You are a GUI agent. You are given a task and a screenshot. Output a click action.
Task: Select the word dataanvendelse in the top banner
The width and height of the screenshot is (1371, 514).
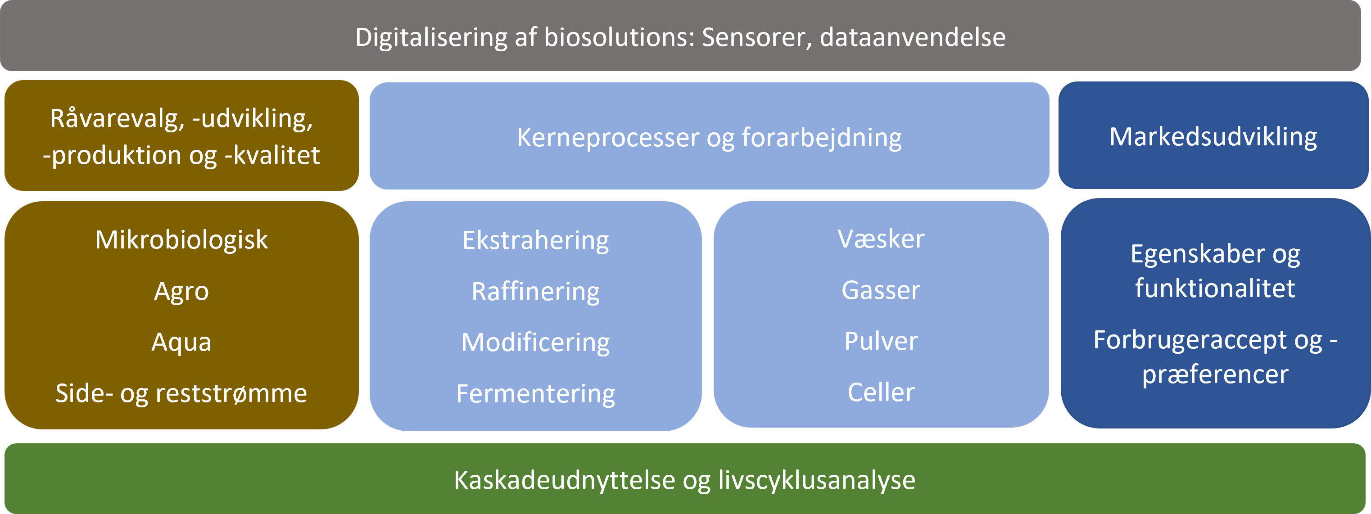click(x=913, y=37)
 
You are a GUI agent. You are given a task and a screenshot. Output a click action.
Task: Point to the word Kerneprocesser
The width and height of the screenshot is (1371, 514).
click(x=607, y=138)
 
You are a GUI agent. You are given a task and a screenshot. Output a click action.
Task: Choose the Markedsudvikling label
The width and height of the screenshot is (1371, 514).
click(x=1213, y=137)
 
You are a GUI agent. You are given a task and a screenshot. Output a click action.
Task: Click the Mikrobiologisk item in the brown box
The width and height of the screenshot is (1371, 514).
click(x=181, y=240)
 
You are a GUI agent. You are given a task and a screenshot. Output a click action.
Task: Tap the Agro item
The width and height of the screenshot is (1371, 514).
click(x=181, y=292)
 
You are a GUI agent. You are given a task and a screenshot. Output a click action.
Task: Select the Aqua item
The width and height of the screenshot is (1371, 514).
click(x=181, y=342)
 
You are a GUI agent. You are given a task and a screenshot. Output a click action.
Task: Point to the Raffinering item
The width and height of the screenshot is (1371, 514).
click(x=535, y=292)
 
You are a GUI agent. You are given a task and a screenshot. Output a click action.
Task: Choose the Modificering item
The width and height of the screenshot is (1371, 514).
click(x=535, y=343)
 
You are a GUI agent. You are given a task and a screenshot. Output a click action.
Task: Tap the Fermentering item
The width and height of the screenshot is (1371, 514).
click(x=535, y=394)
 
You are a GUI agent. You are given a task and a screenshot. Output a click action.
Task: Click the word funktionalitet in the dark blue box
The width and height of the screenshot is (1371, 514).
click(x=1215, y=289)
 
